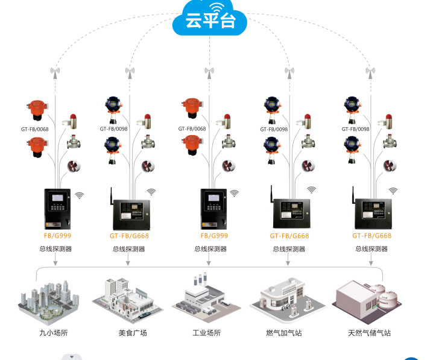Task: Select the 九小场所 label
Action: click(x=54, y=332)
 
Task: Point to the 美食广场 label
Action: click(x=133, y=332)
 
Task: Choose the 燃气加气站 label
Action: click(x=286, y=332)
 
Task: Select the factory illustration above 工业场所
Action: click(x=205, y=298)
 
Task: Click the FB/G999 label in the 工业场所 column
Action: click(x=214, y=236)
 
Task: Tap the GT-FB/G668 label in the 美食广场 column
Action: click(x=129, y=236)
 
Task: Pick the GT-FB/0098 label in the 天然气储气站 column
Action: click(x=355, y=129)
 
